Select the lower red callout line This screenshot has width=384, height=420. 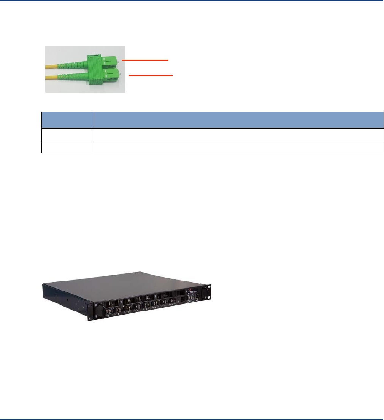click(x=151, y=76)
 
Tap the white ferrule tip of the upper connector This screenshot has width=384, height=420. click(x=120, y=61)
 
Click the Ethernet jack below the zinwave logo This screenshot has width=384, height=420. click(x=196, y=298)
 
